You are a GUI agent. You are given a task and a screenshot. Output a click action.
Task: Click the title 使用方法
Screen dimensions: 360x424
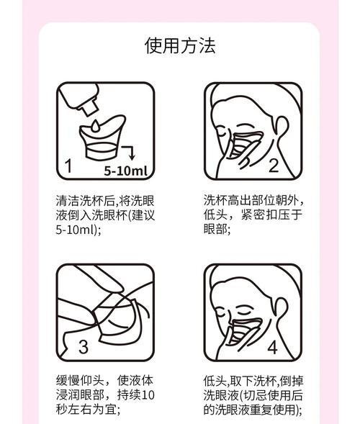tap(180, 45)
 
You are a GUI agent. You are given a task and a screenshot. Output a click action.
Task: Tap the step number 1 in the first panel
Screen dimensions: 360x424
tap(68, 166)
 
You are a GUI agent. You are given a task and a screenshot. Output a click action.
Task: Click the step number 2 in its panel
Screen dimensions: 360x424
tap(274, 166)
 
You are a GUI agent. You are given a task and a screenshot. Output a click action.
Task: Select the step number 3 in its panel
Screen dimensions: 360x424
tap(84, 347)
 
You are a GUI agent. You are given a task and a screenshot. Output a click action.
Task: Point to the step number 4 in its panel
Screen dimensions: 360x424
tap(273, 348)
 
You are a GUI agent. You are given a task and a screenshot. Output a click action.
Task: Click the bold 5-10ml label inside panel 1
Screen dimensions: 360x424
tap(126, 171)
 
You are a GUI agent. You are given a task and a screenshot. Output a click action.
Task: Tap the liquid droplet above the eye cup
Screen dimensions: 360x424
tap(95, 127)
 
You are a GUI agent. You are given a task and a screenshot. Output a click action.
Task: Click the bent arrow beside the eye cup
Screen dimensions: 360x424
tap(129, 153)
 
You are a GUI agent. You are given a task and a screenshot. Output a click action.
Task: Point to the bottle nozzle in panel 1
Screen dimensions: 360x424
tap(87, 107)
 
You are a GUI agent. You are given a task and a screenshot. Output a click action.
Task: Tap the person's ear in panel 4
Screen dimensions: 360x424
tap(281, 309)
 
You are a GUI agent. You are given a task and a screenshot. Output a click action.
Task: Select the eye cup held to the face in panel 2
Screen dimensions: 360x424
tap(246, 144)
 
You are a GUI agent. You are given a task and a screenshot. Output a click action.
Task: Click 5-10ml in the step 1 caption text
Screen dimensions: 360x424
tap(75, 230)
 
